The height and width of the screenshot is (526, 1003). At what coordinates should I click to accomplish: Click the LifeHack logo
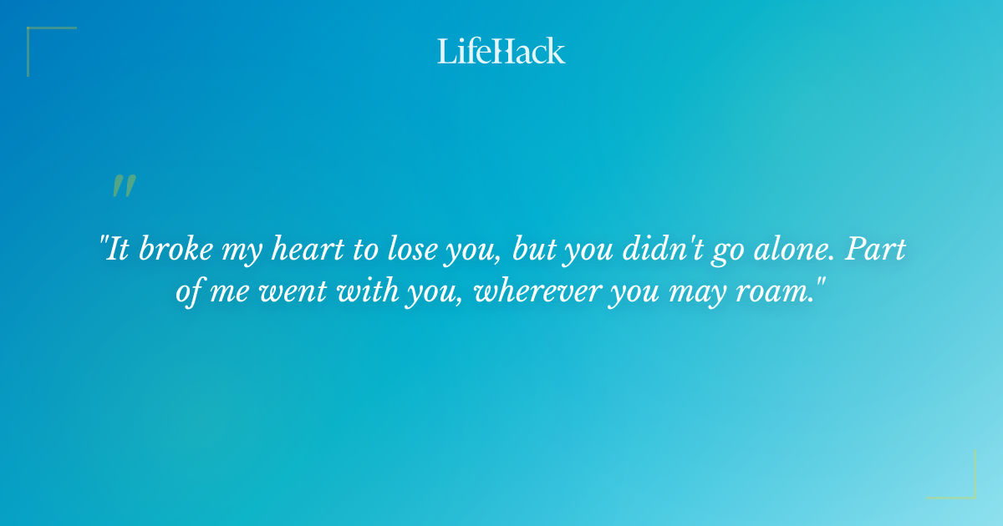click(501, 51)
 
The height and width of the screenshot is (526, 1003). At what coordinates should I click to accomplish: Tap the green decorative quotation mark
click(124, 186)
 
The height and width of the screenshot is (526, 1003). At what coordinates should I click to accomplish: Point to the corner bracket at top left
click(42, 42)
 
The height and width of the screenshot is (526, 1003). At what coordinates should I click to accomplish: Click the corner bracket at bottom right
click(961, 484)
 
